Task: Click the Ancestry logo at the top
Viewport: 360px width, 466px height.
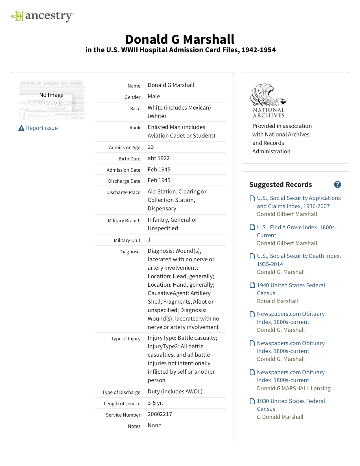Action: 42,16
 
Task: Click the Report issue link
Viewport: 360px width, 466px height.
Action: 42,128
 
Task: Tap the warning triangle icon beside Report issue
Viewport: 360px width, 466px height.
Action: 21,129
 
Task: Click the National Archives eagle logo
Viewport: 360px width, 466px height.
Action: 268,100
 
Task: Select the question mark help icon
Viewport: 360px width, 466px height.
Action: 337,185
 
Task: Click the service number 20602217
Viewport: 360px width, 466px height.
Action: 160,414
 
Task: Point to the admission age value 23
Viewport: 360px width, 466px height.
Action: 151,147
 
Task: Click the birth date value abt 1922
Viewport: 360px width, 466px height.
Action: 158,158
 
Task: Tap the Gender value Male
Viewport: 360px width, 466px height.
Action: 154,97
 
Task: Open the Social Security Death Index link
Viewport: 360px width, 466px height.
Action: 299,260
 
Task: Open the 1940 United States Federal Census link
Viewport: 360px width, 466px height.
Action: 291,289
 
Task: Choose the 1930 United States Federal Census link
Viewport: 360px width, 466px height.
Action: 291,405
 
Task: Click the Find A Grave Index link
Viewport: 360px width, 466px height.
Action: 296,231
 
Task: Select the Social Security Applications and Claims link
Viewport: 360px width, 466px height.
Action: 299,202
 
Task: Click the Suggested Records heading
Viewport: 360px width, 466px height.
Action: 280,185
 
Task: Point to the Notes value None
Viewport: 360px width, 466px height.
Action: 154,426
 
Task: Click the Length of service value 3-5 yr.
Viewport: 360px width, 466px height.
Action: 155,403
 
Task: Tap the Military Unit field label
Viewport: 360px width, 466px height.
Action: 128,240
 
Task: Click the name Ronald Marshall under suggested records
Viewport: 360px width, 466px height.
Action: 277,301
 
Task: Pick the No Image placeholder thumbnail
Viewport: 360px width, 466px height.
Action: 51,100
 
